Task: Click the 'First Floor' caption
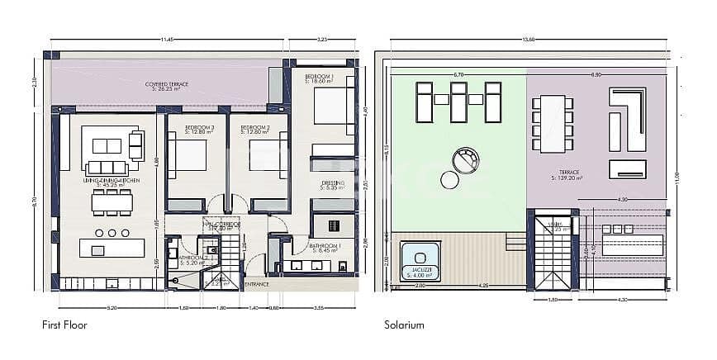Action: tap(64, 325)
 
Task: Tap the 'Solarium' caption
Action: tap(404, 325)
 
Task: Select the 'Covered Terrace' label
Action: tap(166, 84)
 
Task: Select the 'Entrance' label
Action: tap(257, 285)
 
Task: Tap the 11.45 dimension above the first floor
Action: tap(166, 39)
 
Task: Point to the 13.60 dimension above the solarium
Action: tap(527, 39)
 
